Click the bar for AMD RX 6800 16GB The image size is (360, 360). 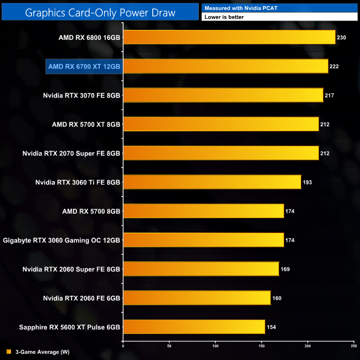pos(229,38)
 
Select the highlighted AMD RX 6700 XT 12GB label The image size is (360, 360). pos(84,66)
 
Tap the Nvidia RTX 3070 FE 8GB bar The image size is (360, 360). pos(223,95)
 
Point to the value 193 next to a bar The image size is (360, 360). pos(308,182)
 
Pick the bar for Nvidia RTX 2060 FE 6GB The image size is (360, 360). pos(197,298)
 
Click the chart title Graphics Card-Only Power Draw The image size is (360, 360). pos(100,12)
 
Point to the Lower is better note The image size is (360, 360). pos(224,17)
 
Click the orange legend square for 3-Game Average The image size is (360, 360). pos(8,352)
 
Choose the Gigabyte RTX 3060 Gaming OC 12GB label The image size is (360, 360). pos(61,240)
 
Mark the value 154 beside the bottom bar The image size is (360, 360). pos(271,327)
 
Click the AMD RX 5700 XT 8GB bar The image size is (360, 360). pos(220,124)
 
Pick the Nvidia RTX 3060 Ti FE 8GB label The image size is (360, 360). pos(78,182)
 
